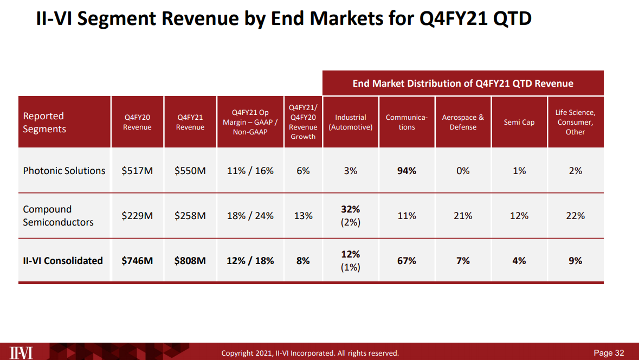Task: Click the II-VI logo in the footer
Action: (21, 352)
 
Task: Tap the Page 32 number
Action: (609, 353)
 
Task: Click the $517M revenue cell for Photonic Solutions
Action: (137, 171)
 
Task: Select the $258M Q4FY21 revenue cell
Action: (190, 216)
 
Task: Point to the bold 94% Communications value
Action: (406, 171)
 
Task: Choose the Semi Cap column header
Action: (519, 123)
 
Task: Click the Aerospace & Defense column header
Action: (463, 123)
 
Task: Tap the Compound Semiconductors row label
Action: (58, 216)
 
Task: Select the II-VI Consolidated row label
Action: (63, 261)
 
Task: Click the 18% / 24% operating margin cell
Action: (250, 216)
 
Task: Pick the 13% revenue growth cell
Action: (303, 216)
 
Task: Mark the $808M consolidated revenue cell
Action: (190, 261)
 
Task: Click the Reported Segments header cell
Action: (44, 123)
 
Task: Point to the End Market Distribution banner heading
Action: (463, 83)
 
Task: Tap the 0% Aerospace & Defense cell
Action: (463, 171)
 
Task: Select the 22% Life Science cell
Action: (575, 216)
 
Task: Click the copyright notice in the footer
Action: (310, 353)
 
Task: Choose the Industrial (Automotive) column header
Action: (351, 123)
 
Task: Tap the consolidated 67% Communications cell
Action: (406, 261)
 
